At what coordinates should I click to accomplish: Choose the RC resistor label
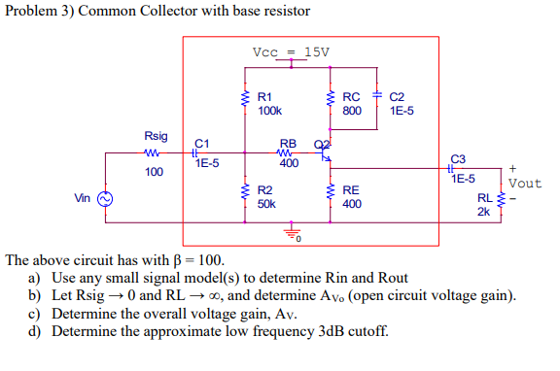(353, 97)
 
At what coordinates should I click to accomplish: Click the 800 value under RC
(352, 111)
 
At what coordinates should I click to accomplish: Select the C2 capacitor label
(398, 97)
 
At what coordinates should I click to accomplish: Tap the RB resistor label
(289, 143)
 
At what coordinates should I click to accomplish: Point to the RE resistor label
(352, 191)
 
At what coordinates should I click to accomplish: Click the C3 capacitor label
(459, 158)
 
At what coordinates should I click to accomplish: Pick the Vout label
(525, 184)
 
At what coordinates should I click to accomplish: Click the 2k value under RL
(483, 212)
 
